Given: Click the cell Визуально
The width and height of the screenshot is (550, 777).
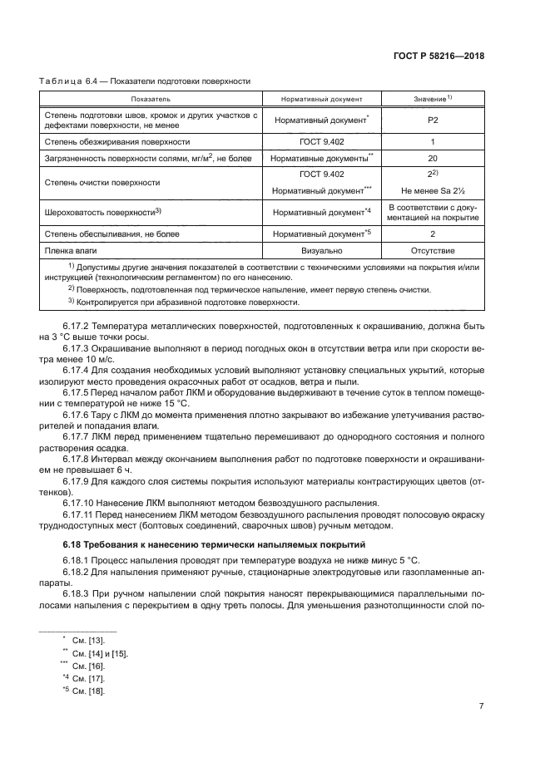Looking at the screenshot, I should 321,248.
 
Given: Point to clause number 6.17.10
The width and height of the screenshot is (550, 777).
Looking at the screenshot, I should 79,503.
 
